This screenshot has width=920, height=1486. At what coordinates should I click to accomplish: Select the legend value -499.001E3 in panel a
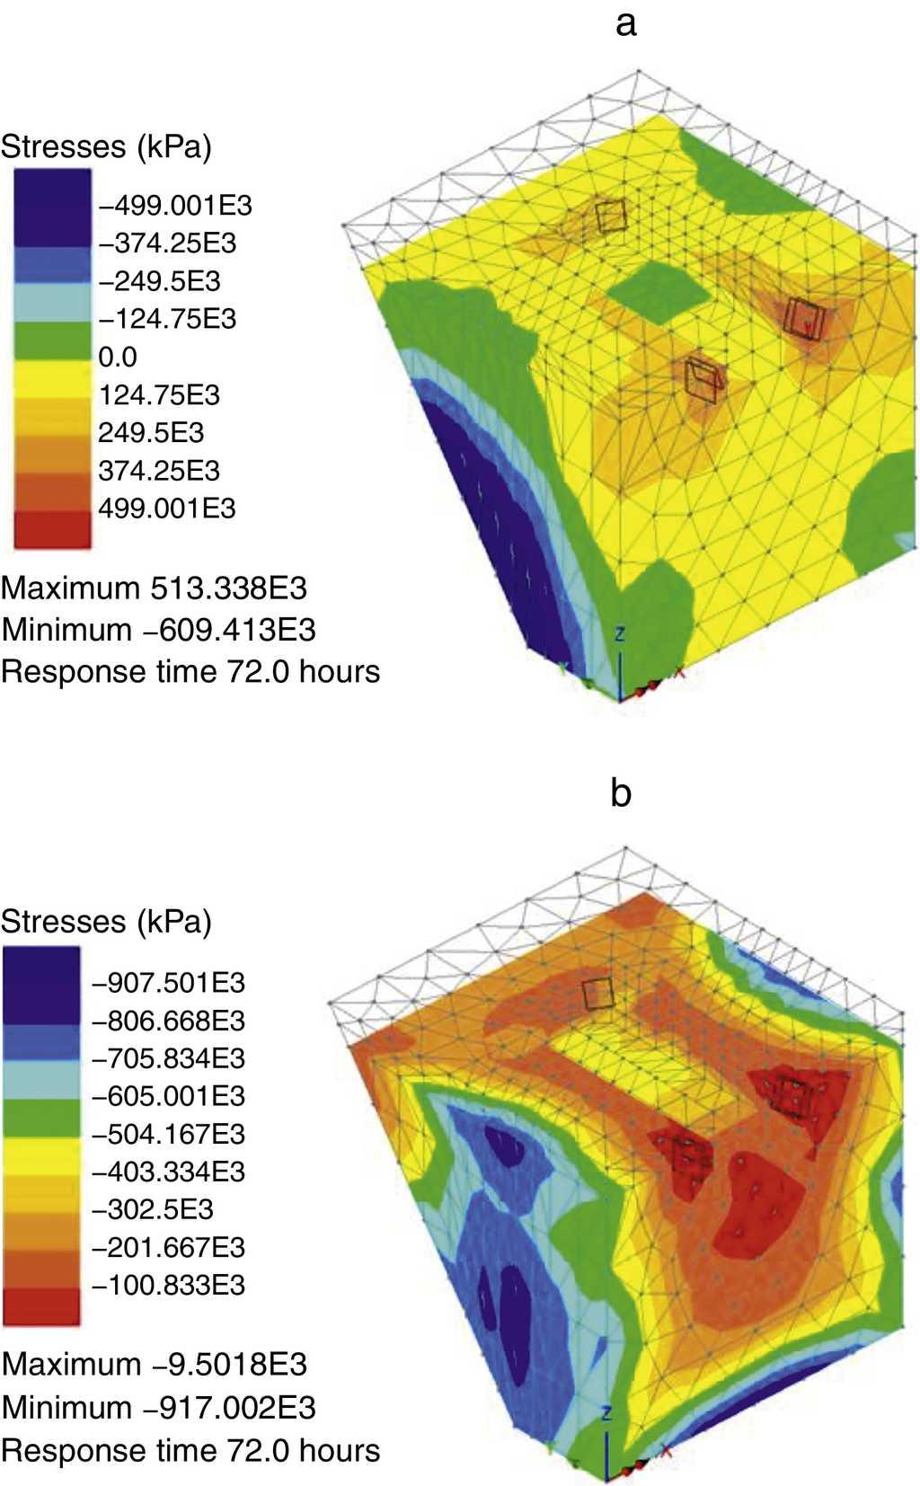click(x=175, y=206)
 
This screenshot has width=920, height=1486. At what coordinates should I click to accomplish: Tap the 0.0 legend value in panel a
click(x=118, y=357)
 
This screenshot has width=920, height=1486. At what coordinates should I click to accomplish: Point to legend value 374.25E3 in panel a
click(x=158, y=470)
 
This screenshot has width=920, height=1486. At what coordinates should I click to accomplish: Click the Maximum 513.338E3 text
click(x=154, y=588)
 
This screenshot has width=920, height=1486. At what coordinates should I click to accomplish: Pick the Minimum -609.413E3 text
click(x=158, y=630)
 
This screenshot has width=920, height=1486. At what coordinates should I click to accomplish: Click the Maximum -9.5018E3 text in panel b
click(x=154, y=1365)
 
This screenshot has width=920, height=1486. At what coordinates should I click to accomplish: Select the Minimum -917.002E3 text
click(x=158, y=1407)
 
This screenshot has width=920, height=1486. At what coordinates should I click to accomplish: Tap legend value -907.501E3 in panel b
click(x=168, y=982)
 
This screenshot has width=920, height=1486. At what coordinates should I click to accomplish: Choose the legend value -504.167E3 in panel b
click(x=168, y=1134)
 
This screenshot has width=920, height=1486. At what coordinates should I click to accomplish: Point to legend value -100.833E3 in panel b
click(x=168, y=1285)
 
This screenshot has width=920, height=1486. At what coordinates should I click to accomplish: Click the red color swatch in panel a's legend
click(x=52, y=528)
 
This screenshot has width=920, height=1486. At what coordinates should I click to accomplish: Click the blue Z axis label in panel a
click(x=619, y=634)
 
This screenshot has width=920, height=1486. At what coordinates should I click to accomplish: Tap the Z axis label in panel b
click(x=606, y=1414)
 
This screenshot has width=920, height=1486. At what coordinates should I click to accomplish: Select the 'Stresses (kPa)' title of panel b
click(x=106, y=922)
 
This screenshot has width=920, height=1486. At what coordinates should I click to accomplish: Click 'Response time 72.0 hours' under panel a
click(x=190, y=671)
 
